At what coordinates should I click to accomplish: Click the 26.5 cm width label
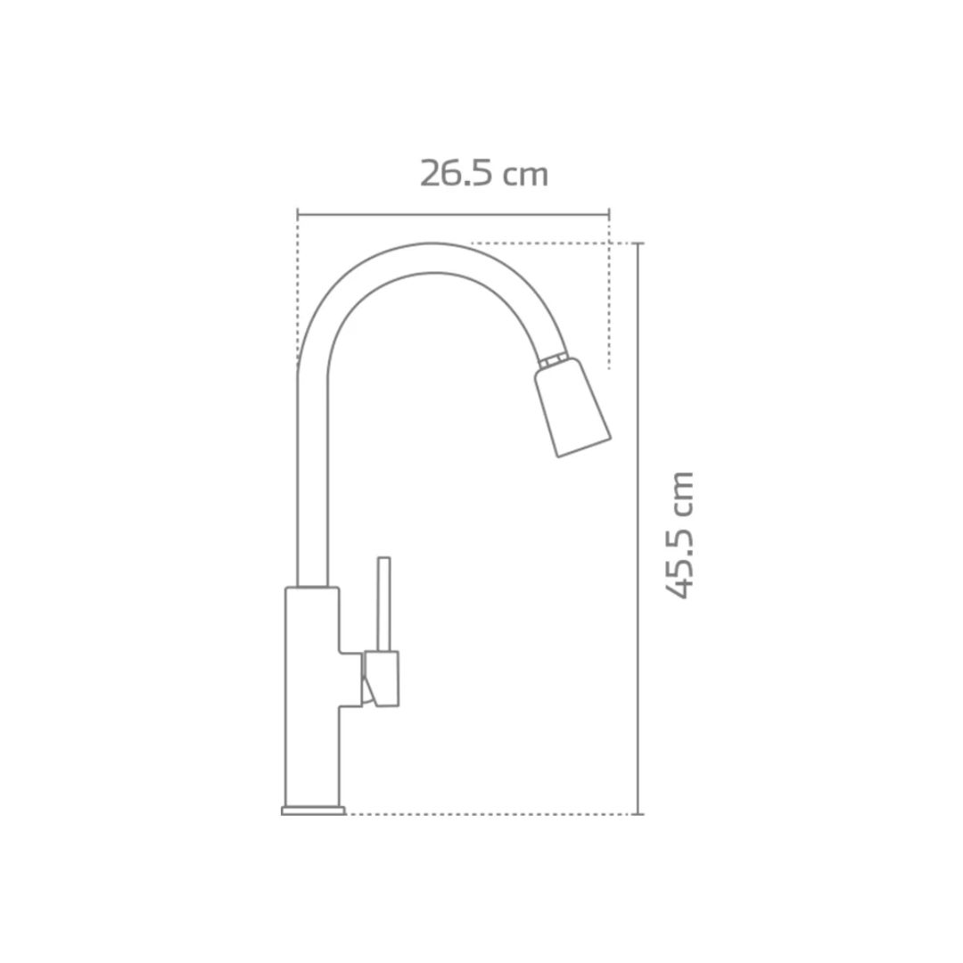484,174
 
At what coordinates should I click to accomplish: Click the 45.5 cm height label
679,535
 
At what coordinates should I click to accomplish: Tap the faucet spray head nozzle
572,409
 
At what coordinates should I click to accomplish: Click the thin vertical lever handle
383,604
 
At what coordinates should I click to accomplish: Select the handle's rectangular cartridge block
382,679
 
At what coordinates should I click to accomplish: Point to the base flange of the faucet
313,810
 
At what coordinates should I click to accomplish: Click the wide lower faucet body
312,695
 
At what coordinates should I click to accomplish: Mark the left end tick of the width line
298,214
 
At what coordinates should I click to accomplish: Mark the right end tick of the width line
609,214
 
